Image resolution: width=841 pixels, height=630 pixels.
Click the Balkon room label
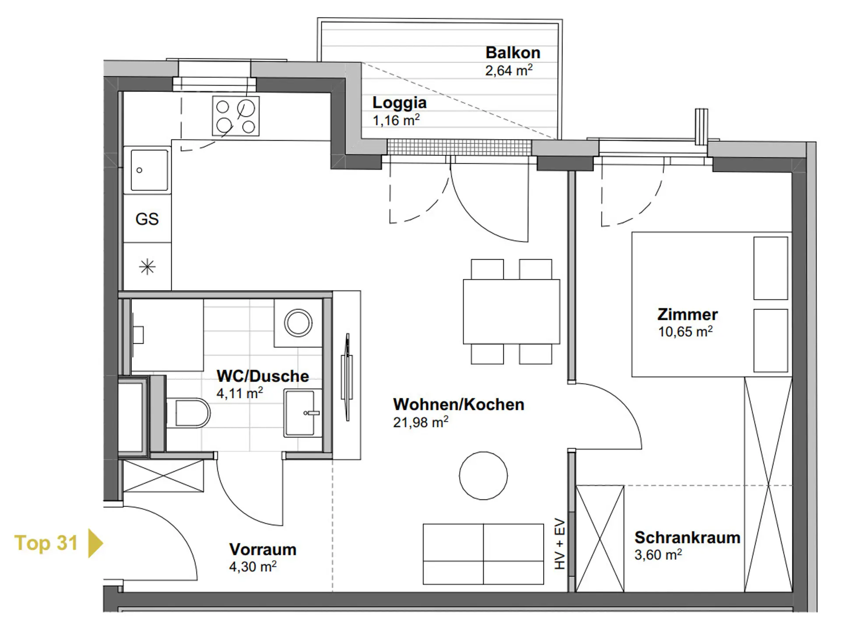point(513,53)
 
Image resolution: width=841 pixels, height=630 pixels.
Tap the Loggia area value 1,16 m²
point(396,120)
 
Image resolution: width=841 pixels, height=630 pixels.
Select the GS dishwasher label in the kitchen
point(147,219)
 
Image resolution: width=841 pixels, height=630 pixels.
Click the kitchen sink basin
point(149,170)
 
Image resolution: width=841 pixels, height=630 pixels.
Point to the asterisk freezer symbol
point(147,267)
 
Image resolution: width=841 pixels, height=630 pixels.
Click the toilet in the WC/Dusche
point(188,413)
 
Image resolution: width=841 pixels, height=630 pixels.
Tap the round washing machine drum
point(298,323)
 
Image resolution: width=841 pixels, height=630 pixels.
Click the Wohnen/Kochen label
point(459,404)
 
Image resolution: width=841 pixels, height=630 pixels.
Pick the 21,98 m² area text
point(420,422)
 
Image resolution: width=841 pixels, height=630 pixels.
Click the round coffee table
point(483,476)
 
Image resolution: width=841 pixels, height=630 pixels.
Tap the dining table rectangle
point(512,311)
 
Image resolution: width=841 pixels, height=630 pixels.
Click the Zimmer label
point(687,314)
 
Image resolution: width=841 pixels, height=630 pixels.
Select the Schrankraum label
point(687,537)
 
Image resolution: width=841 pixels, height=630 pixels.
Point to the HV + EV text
point(560,544)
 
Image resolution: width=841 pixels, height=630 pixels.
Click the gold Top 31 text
point(46,543)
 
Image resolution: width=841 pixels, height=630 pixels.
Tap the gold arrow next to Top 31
point(95,543)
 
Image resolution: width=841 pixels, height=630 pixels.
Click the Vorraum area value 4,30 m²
point(253,566)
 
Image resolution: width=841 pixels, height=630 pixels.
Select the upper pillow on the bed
point(770,268)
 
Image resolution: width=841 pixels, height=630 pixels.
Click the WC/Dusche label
point(263,376)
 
